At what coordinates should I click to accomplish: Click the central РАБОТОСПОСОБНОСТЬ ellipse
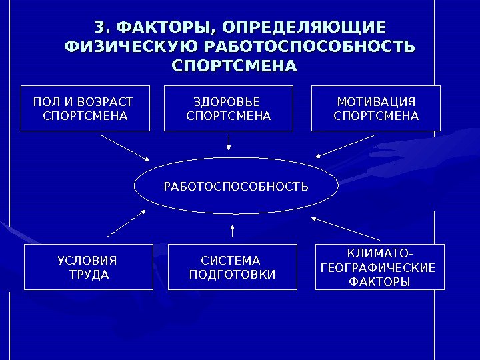[235, 185]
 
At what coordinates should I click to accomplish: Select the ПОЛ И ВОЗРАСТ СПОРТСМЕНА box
[84, 109]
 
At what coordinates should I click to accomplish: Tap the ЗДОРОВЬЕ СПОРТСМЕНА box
[229, 109]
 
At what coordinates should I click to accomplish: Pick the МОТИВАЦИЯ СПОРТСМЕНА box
[376, 109]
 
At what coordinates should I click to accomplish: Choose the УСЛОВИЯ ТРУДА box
[88, 267]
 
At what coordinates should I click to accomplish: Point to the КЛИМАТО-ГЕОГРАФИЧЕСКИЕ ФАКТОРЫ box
[379, 267]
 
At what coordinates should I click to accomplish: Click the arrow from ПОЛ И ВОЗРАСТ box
[125, 147]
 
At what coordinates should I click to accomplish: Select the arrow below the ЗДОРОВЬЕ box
[229, 142]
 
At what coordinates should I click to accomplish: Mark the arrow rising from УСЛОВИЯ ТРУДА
[127, 223]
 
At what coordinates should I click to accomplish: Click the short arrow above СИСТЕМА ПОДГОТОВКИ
[232, 231]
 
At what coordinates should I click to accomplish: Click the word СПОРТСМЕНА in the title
[234, 67]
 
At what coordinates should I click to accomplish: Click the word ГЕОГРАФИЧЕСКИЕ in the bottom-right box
[378, 268]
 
